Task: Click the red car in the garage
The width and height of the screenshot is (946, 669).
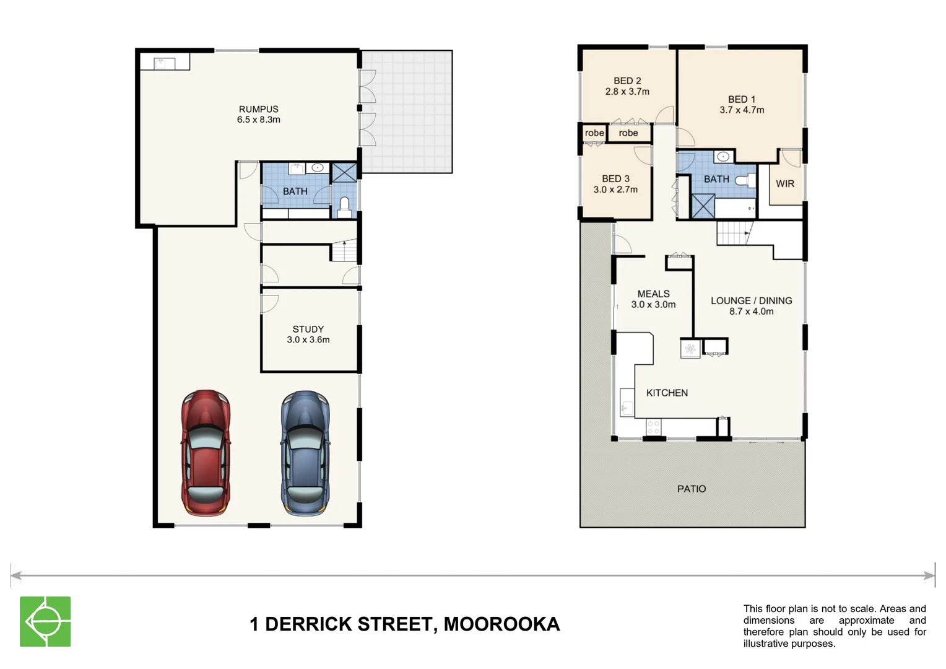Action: (x=206, y=453)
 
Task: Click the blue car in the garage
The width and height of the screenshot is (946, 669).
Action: (x=305, y=453)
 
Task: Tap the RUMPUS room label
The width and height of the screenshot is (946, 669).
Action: (x=259, y=109)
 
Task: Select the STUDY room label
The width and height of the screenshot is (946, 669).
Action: (x=308, y=329)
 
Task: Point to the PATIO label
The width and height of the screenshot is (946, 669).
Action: (x=692, y=489)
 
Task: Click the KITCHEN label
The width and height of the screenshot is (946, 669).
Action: (x=667, y=393)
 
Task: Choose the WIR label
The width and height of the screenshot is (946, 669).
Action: (x=785, y=183)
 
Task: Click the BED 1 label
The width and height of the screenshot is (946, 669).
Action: (x=742, y=99)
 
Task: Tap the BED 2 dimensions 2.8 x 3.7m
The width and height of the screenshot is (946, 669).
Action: (x=627, y=92)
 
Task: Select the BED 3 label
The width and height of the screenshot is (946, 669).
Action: (x=615, y=178)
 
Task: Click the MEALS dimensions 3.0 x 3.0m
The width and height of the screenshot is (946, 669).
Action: (x=653, y=305)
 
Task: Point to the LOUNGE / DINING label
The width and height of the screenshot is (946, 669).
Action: (x=751, y=300)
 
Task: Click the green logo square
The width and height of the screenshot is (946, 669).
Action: (x=45, y=621)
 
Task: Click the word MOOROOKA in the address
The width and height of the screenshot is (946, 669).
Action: (x=501, y=624)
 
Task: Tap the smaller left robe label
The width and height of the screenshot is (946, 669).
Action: (x=594, y=133)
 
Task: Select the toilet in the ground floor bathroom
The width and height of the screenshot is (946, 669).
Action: (x=345, y=207)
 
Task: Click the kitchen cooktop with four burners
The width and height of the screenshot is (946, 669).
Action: (x=653, y=426)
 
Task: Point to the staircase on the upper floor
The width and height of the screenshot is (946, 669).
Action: (x=734, y=234)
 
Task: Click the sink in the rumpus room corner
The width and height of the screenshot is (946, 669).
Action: (x=160, y=63)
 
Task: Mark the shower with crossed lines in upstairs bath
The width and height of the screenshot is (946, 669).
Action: (x=703, y=206)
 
